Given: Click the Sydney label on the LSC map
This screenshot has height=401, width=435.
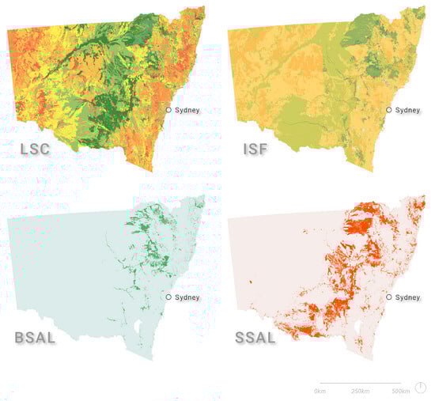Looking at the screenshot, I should coord(187,110).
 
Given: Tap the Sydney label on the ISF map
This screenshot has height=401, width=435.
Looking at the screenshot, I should coord(408,110).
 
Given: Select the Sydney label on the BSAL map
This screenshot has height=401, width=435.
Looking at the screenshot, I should coord(187,297).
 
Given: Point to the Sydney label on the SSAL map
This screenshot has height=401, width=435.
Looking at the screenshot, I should coord(408,297).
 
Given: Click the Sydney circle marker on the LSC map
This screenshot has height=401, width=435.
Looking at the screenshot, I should coord(168,110).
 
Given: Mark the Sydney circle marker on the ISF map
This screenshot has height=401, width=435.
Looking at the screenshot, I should coord(388,110).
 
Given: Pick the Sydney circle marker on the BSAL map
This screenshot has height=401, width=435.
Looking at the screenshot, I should coord(168,297).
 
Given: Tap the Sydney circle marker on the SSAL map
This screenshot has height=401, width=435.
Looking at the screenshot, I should coord(388,297).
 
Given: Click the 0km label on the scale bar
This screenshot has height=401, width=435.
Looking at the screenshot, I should coord(320,392).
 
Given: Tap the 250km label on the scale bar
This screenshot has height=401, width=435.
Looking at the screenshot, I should coord(360,392).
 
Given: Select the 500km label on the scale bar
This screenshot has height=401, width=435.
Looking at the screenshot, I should coord(400,392).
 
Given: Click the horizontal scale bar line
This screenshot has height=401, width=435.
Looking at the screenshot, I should coord(360,384).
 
